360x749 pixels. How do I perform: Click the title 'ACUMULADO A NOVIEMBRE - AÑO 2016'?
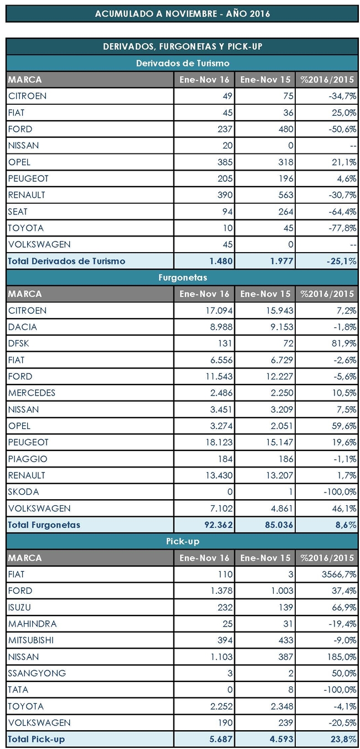click(x=182, y=13)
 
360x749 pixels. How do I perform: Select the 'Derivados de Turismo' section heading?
click(x=182, y=63)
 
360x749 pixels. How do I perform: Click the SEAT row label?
click(x=19, y=212)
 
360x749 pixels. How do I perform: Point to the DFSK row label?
click(x=18, y=343)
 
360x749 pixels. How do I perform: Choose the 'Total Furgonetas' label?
click(x=44, y=525)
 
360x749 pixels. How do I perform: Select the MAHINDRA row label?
click(x=33, y=624)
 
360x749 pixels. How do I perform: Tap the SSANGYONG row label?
click(x=37, y=673)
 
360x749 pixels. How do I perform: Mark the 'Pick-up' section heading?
click(x=182, y=541)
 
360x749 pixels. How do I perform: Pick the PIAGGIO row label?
click(x=28, y=459)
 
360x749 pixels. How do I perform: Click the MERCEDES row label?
click(x=32, y=393)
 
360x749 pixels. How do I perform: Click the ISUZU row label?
click(x=20, y=607)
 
